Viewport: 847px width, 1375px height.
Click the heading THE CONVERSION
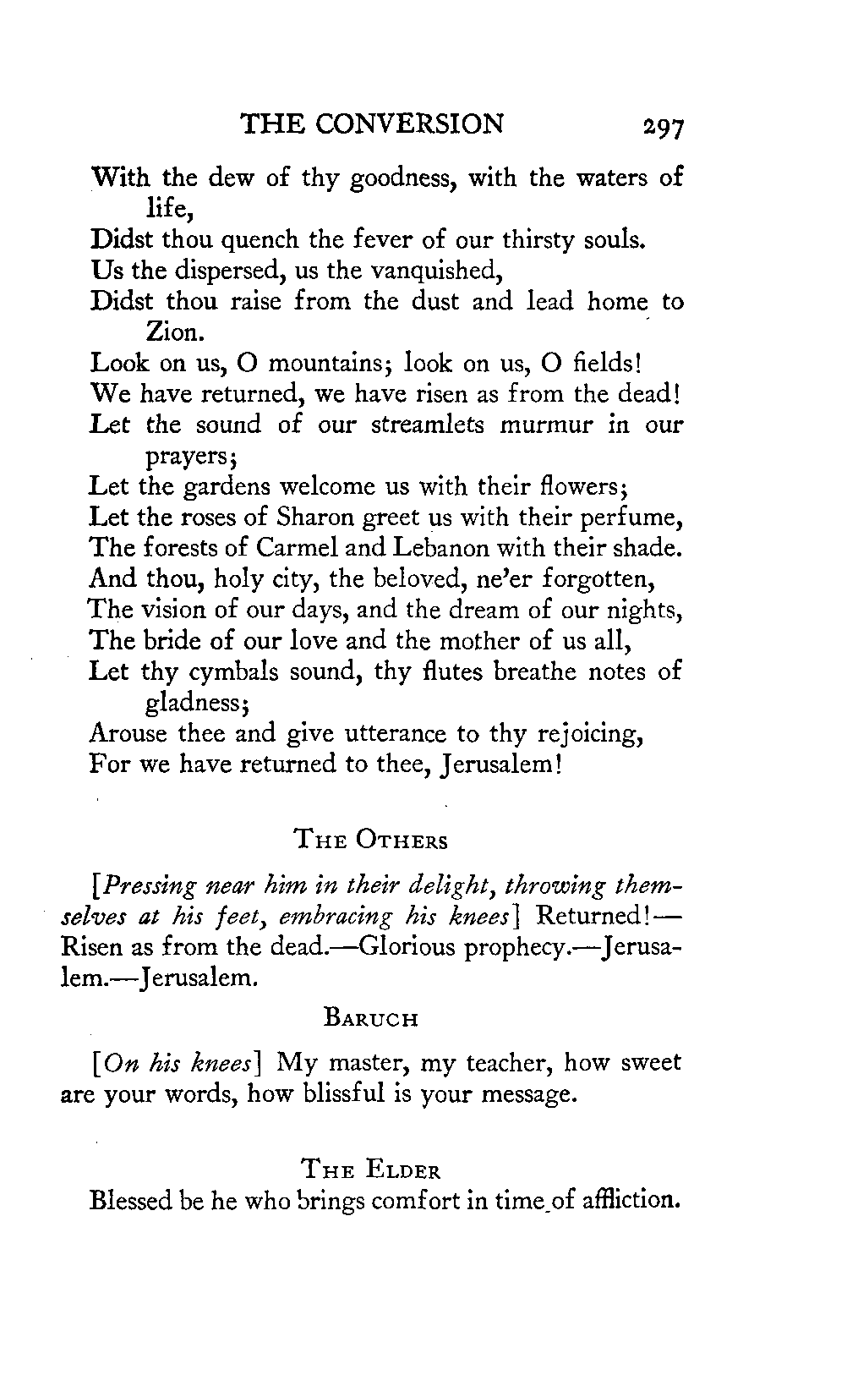pyautogui.click(x=372, y=124)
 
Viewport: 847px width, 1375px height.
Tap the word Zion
pyautogui.click(x=171, y=331)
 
